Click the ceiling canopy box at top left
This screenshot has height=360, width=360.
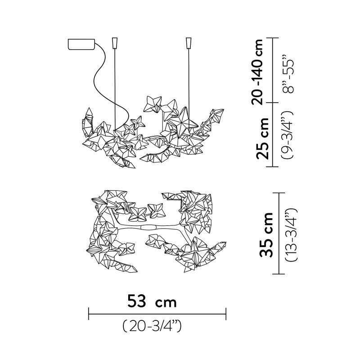(81, 44)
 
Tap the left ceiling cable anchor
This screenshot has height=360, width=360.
(115, 43)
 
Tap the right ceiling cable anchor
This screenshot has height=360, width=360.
(189, 43)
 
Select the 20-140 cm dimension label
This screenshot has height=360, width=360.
(257, 72)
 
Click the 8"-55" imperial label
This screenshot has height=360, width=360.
(288, 74)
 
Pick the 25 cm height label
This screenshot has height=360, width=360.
(262, 139)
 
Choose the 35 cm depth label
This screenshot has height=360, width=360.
(266, 234)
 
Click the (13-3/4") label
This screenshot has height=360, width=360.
(291, 234)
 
